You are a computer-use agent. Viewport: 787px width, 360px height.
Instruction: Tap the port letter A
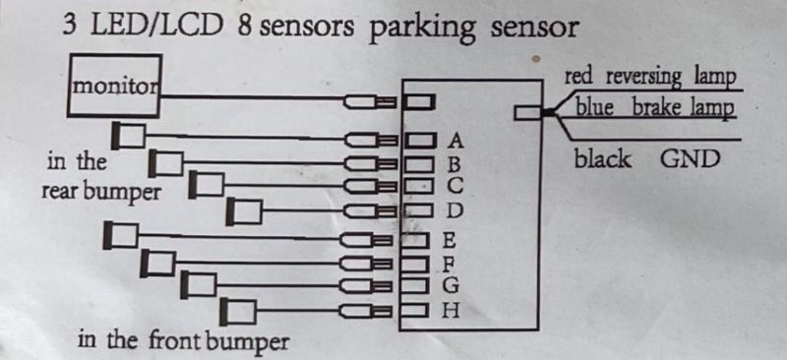click(455, 141)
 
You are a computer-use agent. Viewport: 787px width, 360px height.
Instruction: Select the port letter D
click(454, 210)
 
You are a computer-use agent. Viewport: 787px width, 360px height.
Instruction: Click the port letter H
click(451, 311)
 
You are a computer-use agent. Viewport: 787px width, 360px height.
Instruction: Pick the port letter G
click(451, 285)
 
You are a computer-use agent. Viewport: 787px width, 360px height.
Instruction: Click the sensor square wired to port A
click(129, 136)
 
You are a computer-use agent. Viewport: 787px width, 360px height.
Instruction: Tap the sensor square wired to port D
click(244, 211)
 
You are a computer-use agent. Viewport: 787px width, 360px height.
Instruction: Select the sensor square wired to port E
click(120, 235)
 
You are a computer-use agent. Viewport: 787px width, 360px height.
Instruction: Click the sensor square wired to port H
click(238, 312)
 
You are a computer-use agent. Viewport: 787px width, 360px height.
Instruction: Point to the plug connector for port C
click(372, 187)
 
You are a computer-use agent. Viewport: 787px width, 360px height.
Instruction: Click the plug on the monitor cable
click(372, 103)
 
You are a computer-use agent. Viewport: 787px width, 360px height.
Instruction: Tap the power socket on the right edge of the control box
click(528, 113)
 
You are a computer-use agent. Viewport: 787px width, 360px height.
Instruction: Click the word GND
click(691, 159)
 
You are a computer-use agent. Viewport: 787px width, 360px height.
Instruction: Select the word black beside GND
click(602, 159)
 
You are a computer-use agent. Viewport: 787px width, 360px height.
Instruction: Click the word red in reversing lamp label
click(578, 77)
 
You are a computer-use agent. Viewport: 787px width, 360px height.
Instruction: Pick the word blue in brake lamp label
click(595, 107)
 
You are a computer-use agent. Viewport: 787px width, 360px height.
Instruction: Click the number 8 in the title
click(245, 27)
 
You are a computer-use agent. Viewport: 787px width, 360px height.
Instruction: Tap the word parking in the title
click(423, 29)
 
